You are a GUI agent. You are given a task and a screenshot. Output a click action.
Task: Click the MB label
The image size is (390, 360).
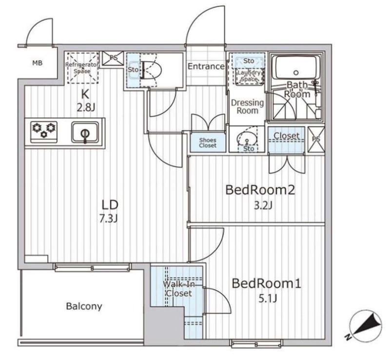click(x=38, y=63)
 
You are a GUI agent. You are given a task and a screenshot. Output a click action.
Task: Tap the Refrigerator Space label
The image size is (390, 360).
click(x=82, y=68)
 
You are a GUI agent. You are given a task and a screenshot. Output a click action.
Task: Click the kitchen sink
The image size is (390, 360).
click(x=85, y=133)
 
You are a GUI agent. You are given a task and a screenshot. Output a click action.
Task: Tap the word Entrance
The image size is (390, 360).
click(x=206, y=66)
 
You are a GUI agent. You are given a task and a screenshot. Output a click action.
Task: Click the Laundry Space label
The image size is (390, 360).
click(x=249, y=76)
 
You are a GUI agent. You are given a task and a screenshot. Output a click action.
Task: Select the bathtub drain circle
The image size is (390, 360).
click(x=296, y=73)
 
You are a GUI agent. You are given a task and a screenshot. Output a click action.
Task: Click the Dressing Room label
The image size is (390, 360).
click(x=247, y=106)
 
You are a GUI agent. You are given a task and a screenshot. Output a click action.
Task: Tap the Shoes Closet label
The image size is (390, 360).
click(x=208, y=143)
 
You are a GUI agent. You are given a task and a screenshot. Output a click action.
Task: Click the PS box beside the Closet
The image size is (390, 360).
click(x=316, y=139)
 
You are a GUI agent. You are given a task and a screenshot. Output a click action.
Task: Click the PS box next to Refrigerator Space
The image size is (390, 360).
click(x=113, y=58)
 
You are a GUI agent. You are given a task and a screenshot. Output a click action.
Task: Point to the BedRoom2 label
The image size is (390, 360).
click(x=260, y=190)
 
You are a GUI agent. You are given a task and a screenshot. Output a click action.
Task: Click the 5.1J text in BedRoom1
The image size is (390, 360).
click(x=268, y=298)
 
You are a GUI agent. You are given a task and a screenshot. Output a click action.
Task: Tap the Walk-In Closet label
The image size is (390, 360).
click(x=179, y=289)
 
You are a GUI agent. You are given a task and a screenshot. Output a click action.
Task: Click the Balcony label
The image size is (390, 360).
click(x=84, y=306)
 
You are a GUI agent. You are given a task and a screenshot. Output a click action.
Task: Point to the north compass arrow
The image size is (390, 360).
click(x=368, y=324)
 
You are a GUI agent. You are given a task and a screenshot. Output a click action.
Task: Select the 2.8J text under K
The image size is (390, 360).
click(x=86, y=107)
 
